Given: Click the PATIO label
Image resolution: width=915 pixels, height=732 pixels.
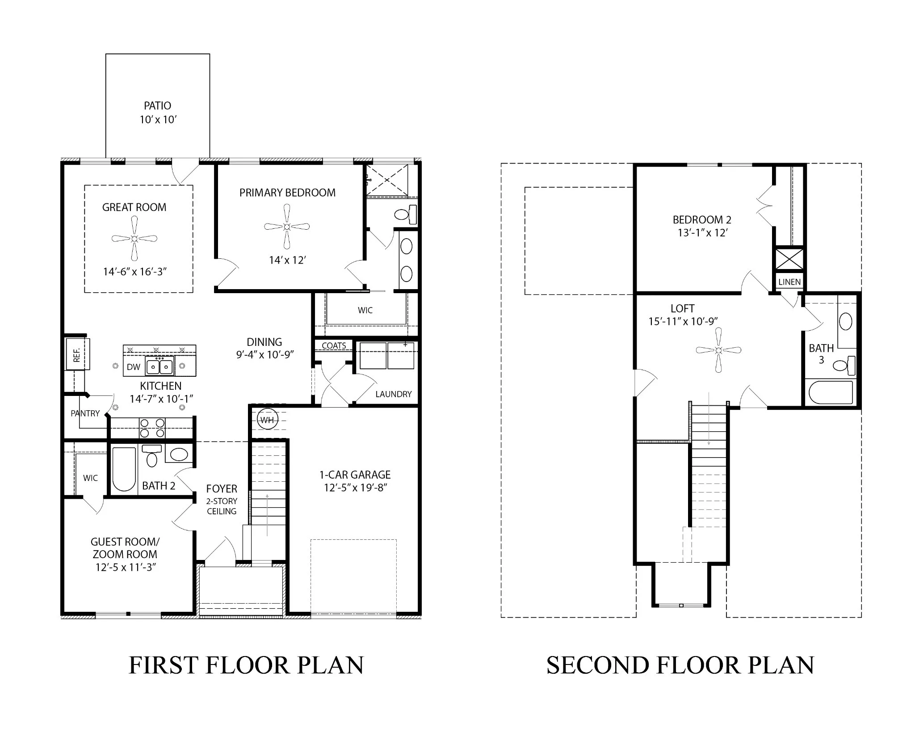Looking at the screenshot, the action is (157, 106).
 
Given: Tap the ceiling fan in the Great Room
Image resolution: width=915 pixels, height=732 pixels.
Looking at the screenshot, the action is (134, 239).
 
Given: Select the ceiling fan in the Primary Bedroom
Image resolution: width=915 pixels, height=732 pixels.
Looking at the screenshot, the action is (287, 227).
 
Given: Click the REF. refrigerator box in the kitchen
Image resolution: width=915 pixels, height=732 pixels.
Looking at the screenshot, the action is (78, 354).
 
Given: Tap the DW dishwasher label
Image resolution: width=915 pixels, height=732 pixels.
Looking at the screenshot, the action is (133, 367).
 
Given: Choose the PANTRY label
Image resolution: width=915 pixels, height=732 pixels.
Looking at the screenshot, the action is (85, 413).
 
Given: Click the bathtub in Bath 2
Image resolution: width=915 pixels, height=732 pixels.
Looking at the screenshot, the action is (124, 469).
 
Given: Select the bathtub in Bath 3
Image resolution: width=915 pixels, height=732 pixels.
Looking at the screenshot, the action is (831, 392).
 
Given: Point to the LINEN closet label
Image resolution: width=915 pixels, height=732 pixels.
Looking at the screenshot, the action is (789, 282).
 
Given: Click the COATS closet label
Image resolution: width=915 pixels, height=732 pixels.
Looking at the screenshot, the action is (334, 345).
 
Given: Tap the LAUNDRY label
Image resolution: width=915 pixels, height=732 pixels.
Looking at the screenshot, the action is (393, 394).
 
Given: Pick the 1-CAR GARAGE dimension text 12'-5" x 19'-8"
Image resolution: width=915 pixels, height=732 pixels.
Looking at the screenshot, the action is (355, 488).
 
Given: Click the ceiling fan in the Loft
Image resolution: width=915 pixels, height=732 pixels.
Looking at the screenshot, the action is (718, 350).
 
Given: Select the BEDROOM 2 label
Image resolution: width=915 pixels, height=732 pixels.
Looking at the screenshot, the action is (702, 220).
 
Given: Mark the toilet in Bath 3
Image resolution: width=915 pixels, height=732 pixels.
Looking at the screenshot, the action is (844, 366).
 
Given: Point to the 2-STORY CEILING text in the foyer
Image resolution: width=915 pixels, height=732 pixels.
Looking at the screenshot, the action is (222, 506).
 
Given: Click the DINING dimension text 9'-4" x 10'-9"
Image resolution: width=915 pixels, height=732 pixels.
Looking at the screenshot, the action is (264, 355).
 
